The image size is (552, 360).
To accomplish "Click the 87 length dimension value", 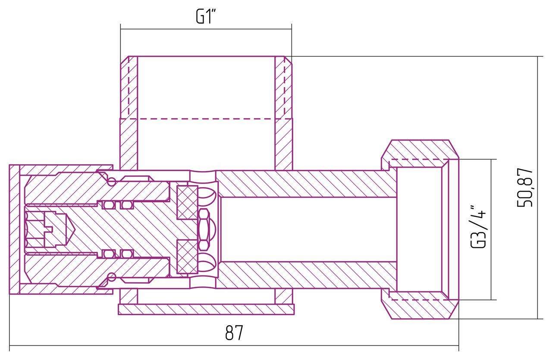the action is click(234, 333).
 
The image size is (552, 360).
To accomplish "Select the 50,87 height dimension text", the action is click(525, 188).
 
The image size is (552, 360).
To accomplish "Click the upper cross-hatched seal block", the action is click(188, 203).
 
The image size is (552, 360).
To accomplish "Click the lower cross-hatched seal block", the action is click(188, 257).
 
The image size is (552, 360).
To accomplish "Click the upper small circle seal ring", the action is click(111, 182).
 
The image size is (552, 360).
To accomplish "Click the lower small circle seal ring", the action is click(111, 277).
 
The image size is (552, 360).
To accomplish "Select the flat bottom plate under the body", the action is click(206, 309).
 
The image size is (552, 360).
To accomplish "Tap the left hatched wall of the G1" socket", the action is click(129, 113).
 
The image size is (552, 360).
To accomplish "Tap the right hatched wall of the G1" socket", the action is click(284, 113).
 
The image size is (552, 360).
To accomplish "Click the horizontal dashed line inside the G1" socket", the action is click(206, 119).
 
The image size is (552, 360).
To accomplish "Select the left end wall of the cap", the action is click(14, 229).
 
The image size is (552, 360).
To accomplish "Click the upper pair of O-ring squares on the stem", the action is click(118, 205).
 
